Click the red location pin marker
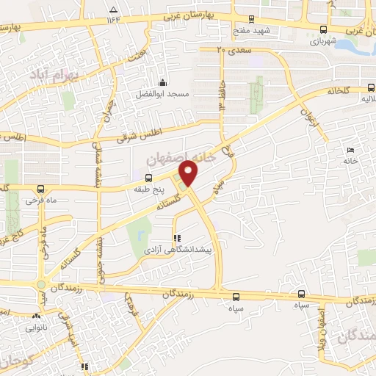189,173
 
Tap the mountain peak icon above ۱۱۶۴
113,10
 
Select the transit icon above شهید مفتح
251,20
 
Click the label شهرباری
323,41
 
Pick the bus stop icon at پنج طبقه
149,178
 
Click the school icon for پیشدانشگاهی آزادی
176,238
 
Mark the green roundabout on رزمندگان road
41,285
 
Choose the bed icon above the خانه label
350,150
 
